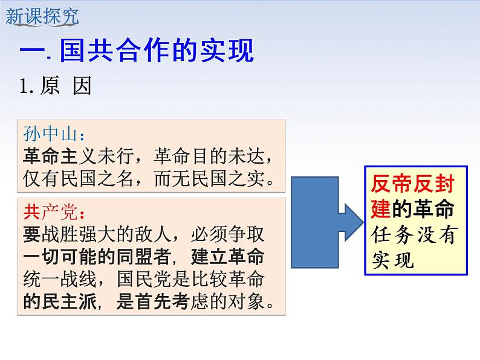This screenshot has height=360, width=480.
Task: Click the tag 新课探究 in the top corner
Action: [42, 16]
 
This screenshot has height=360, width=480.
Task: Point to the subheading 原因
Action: [65, 86]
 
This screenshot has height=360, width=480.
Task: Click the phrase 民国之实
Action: [239, 178]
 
